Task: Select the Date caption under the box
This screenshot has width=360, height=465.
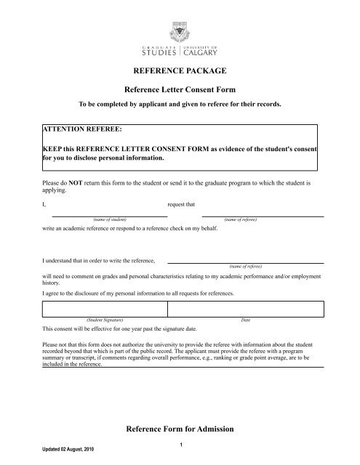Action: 245,320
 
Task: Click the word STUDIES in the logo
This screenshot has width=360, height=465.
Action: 156,52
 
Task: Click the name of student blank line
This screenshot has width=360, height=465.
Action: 111,215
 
